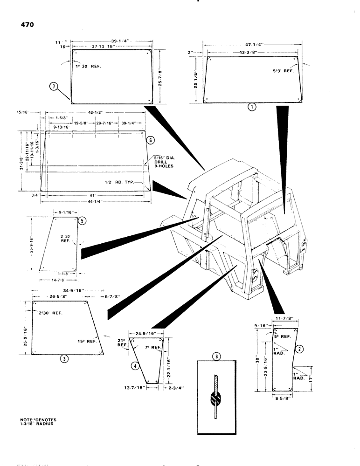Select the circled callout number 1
pos(251,107)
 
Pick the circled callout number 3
pos(64,357)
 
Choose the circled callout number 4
pos(135,366)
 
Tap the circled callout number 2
pos(300,348)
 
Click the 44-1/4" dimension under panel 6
pos(95,201)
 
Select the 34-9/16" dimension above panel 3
pos(71,290)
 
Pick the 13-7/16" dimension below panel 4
pos(136,387)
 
